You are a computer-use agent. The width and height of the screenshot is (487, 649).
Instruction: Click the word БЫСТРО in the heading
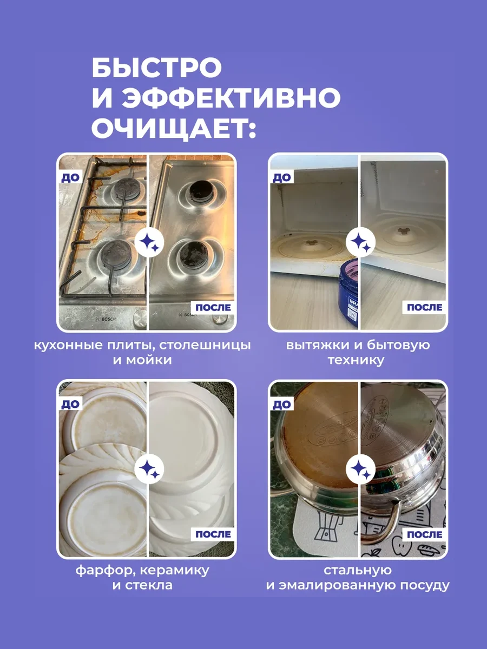[x=157, y=67]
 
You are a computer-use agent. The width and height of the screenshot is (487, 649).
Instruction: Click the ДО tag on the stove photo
[x=70, y=177]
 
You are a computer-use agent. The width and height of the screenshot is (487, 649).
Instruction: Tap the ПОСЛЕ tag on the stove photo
[x=213, y=308]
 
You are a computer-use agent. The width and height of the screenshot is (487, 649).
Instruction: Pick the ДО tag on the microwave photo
[x=282, y=177]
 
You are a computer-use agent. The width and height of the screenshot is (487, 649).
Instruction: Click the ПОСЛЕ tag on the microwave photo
[x=424, y=308]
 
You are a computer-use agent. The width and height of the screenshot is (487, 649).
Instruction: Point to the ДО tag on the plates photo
[x=70, y=404]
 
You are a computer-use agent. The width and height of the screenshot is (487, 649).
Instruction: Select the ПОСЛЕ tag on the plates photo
[x=213, y=534]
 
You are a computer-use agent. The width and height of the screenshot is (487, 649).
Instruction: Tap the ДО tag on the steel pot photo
[x=282, y=404]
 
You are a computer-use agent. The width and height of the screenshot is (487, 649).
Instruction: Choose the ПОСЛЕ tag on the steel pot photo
[x=424, y=534]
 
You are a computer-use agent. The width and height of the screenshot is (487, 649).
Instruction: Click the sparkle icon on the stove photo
[x=149, y=242]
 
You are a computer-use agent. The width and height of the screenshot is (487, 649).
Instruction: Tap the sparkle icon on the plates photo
[x=149, y=469]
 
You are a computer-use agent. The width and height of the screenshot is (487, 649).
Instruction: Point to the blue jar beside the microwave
[x=348, y=293]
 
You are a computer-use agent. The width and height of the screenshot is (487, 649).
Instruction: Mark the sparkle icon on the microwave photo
[x=360, y=242]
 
